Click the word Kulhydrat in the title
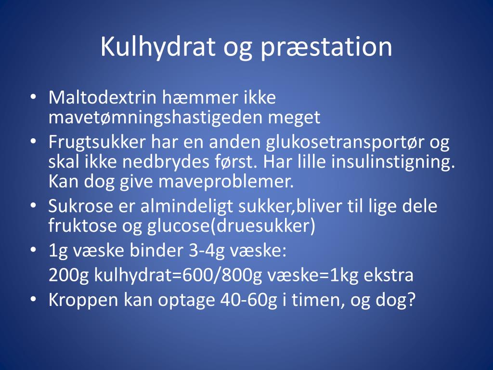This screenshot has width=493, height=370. tap(158, 47)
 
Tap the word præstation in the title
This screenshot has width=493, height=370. tap(327, 48)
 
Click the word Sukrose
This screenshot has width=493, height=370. tap(80, 206)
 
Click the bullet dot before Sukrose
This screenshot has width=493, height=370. tap(33, 206)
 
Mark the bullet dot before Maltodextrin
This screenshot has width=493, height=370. tap(33, 97)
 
